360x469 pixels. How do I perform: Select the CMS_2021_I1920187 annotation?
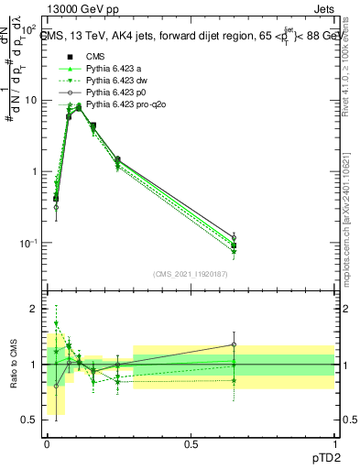(x=189, y=273)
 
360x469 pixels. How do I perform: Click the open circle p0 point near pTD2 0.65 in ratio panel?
(x=235, y=345)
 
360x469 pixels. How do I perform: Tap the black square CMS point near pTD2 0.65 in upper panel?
(x=235, y=245)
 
